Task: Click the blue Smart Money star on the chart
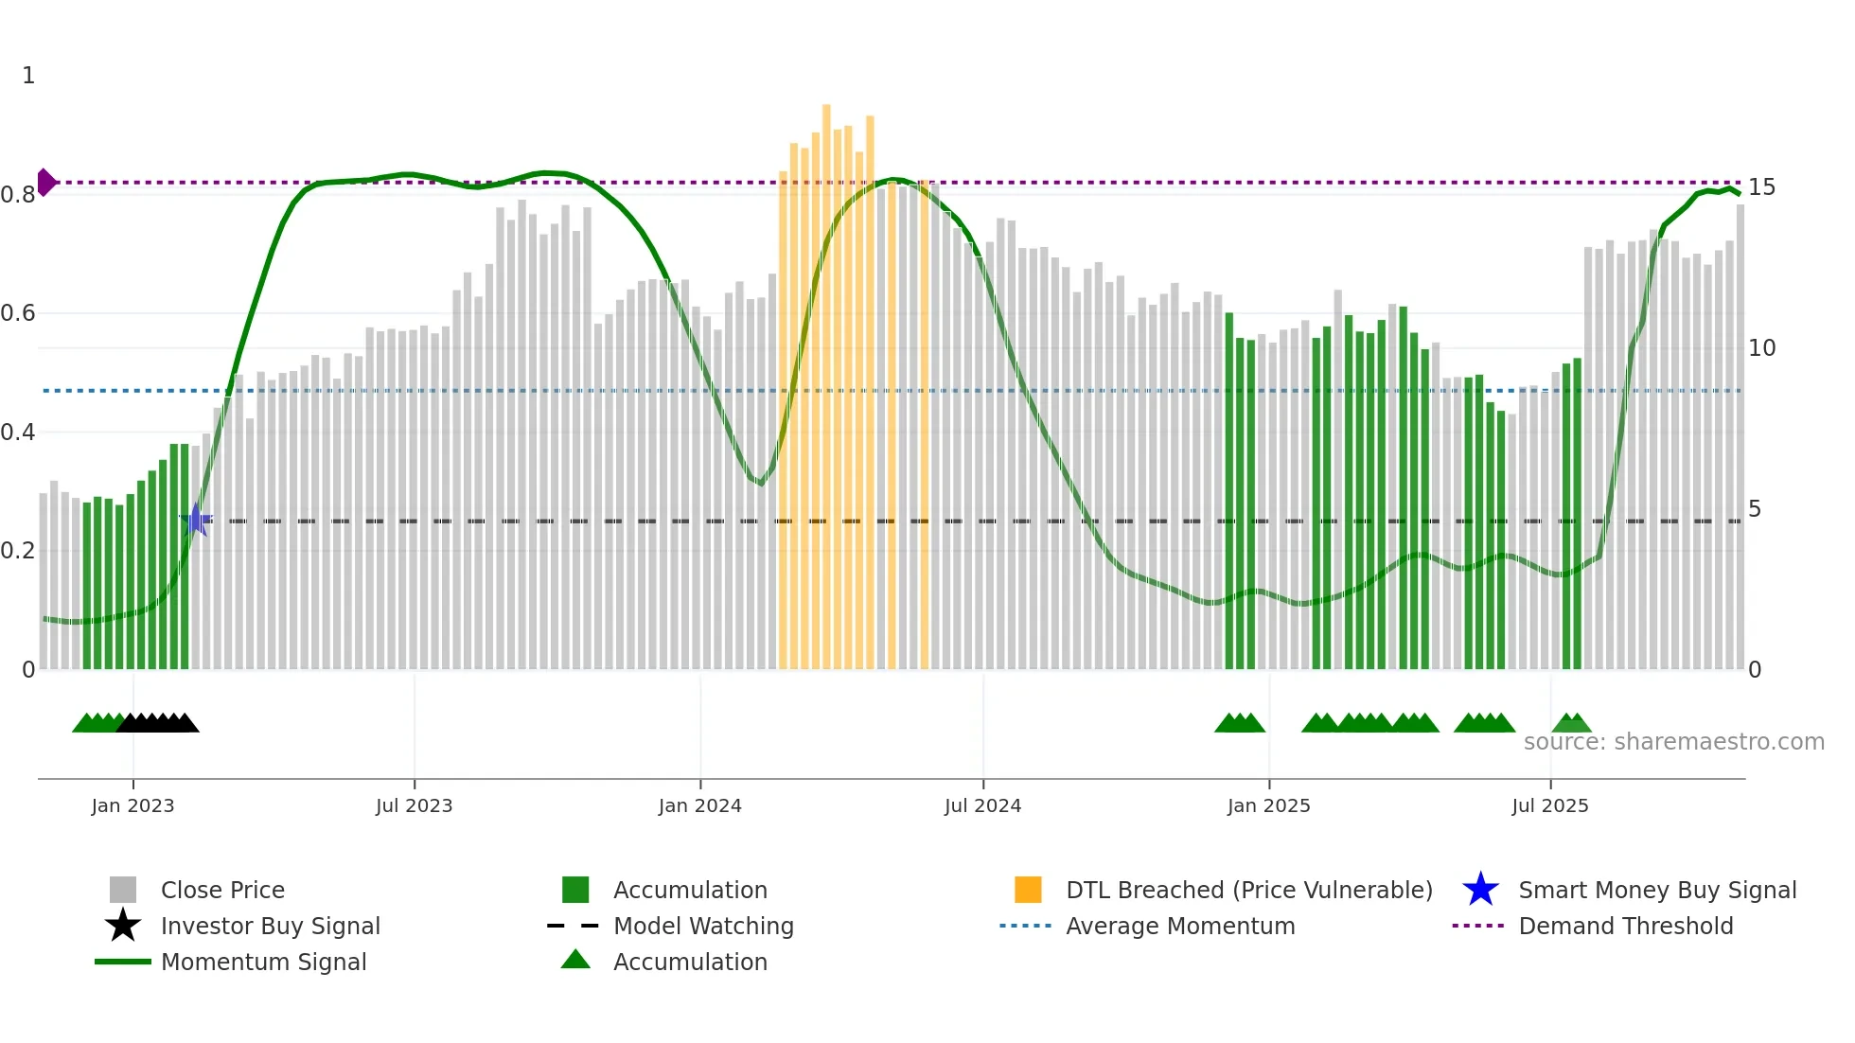(x=196, y=520)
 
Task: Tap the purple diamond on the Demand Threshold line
(x=45, y=182)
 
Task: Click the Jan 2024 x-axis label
(x=699, y=805)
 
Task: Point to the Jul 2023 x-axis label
(x=414, y=805)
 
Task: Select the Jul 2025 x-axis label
(x=1549, y=805)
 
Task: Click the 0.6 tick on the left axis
(x=18, y=313)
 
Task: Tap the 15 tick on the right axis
(x=1761, y=187)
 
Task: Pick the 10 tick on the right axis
(x=1761, y=348)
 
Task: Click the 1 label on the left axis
(x=28, y=76)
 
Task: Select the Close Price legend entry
(x=222, y=890)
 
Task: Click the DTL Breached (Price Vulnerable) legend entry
(x=1248, y=890)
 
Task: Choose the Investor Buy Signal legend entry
(x=270, y=926)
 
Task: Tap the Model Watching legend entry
(x=702, y=926)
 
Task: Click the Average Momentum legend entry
(x=1179, y=926)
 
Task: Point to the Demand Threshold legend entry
(x=1625, y=926)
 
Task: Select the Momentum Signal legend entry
(x=263, y=962)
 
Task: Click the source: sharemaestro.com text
(x=1673, y=742)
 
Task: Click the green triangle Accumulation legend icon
(x=575, y=961)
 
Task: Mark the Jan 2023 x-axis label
(x=132, y=805)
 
